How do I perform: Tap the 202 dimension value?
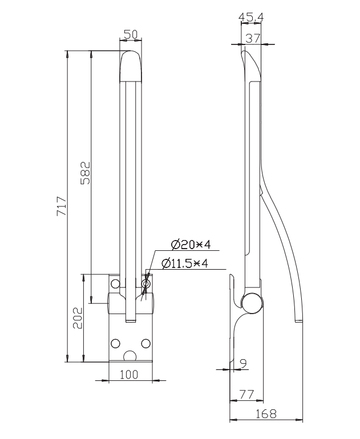78,318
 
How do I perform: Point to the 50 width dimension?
131,35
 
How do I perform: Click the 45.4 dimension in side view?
251,18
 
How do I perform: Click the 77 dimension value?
246,394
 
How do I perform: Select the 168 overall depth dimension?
265,414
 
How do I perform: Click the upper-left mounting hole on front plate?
116,283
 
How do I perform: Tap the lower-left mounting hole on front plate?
116,343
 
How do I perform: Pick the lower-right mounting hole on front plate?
145,343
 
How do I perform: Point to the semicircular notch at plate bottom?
131,357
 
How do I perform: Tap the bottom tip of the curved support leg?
299,323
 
